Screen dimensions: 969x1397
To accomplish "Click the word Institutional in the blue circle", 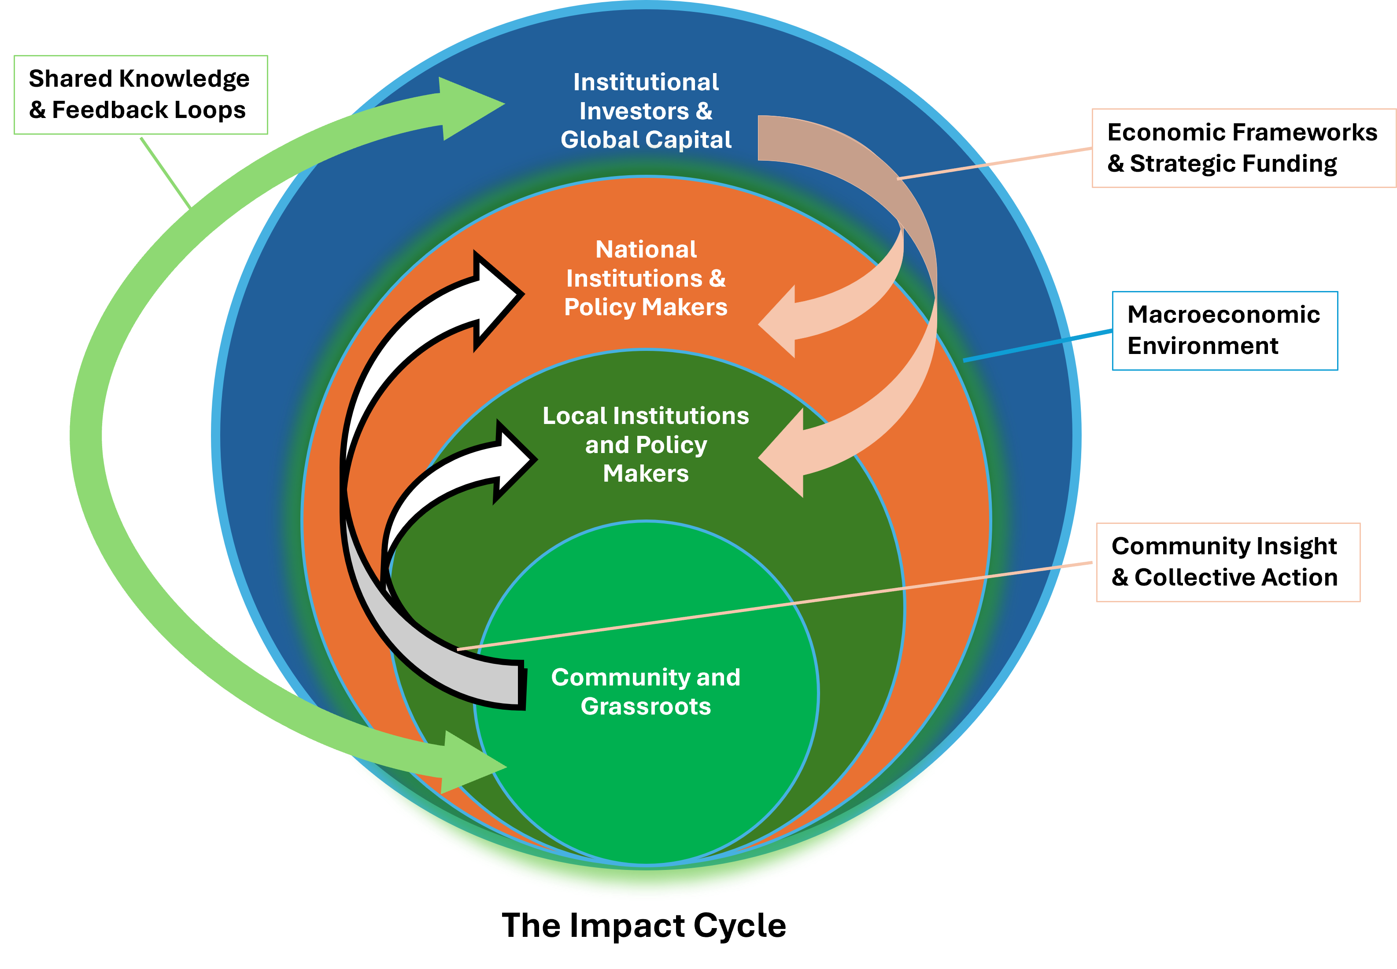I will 646,83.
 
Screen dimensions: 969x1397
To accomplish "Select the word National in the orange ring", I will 646,250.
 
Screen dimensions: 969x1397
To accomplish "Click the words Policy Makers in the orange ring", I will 645,307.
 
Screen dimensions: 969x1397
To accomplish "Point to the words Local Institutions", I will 645,416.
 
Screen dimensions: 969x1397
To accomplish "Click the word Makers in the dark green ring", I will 645,474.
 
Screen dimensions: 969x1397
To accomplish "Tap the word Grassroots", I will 645,707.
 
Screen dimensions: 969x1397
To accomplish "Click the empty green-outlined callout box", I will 140,95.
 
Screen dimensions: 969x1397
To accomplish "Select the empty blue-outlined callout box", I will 1224,331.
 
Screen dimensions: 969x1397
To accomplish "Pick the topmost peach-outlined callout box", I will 1243,148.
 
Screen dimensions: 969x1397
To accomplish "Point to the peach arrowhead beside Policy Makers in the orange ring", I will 780,322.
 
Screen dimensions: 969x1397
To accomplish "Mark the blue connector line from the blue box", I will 1038,346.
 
